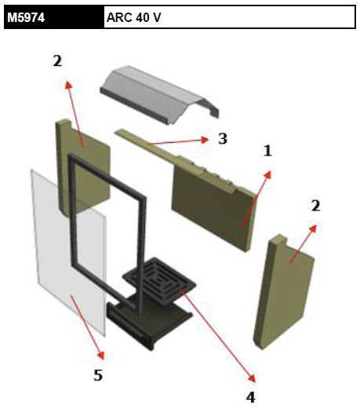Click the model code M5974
[26, 17]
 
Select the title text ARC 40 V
[133, 17]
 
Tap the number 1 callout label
[267, 151]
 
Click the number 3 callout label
[223, 138]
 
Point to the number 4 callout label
[250, 397]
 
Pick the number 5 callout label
[98, 375]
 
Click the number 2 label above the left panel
[57, 60]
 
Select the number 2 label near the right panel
[316, 206]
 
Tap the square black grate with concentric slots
[159, 281]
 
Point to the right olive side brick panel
[284, 292]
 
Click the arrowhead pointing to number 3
[204, 140]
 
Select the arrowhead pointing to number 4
[251, 378]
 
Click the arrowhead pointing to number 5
[101, 356]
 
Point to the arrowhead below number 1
[267, 175]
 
